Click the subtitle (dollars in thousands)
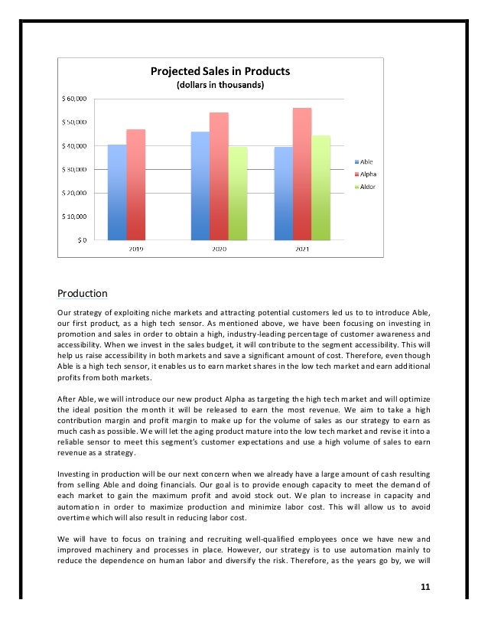(220, 85)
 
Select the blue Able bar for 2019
(117, 192)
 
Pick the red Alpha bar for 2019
(136, 184)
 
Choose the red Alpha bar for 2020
(219, 176)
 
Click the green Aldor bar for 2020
(238, 193)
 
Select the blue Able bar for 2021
(283, 193)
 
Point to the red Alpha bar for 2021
(302, 174)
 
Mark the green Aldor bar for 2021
(320, 187)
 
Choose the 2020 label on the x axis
(219, 249)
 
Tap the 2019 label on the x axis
(135, 249)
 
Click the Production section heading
(83, 293)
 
